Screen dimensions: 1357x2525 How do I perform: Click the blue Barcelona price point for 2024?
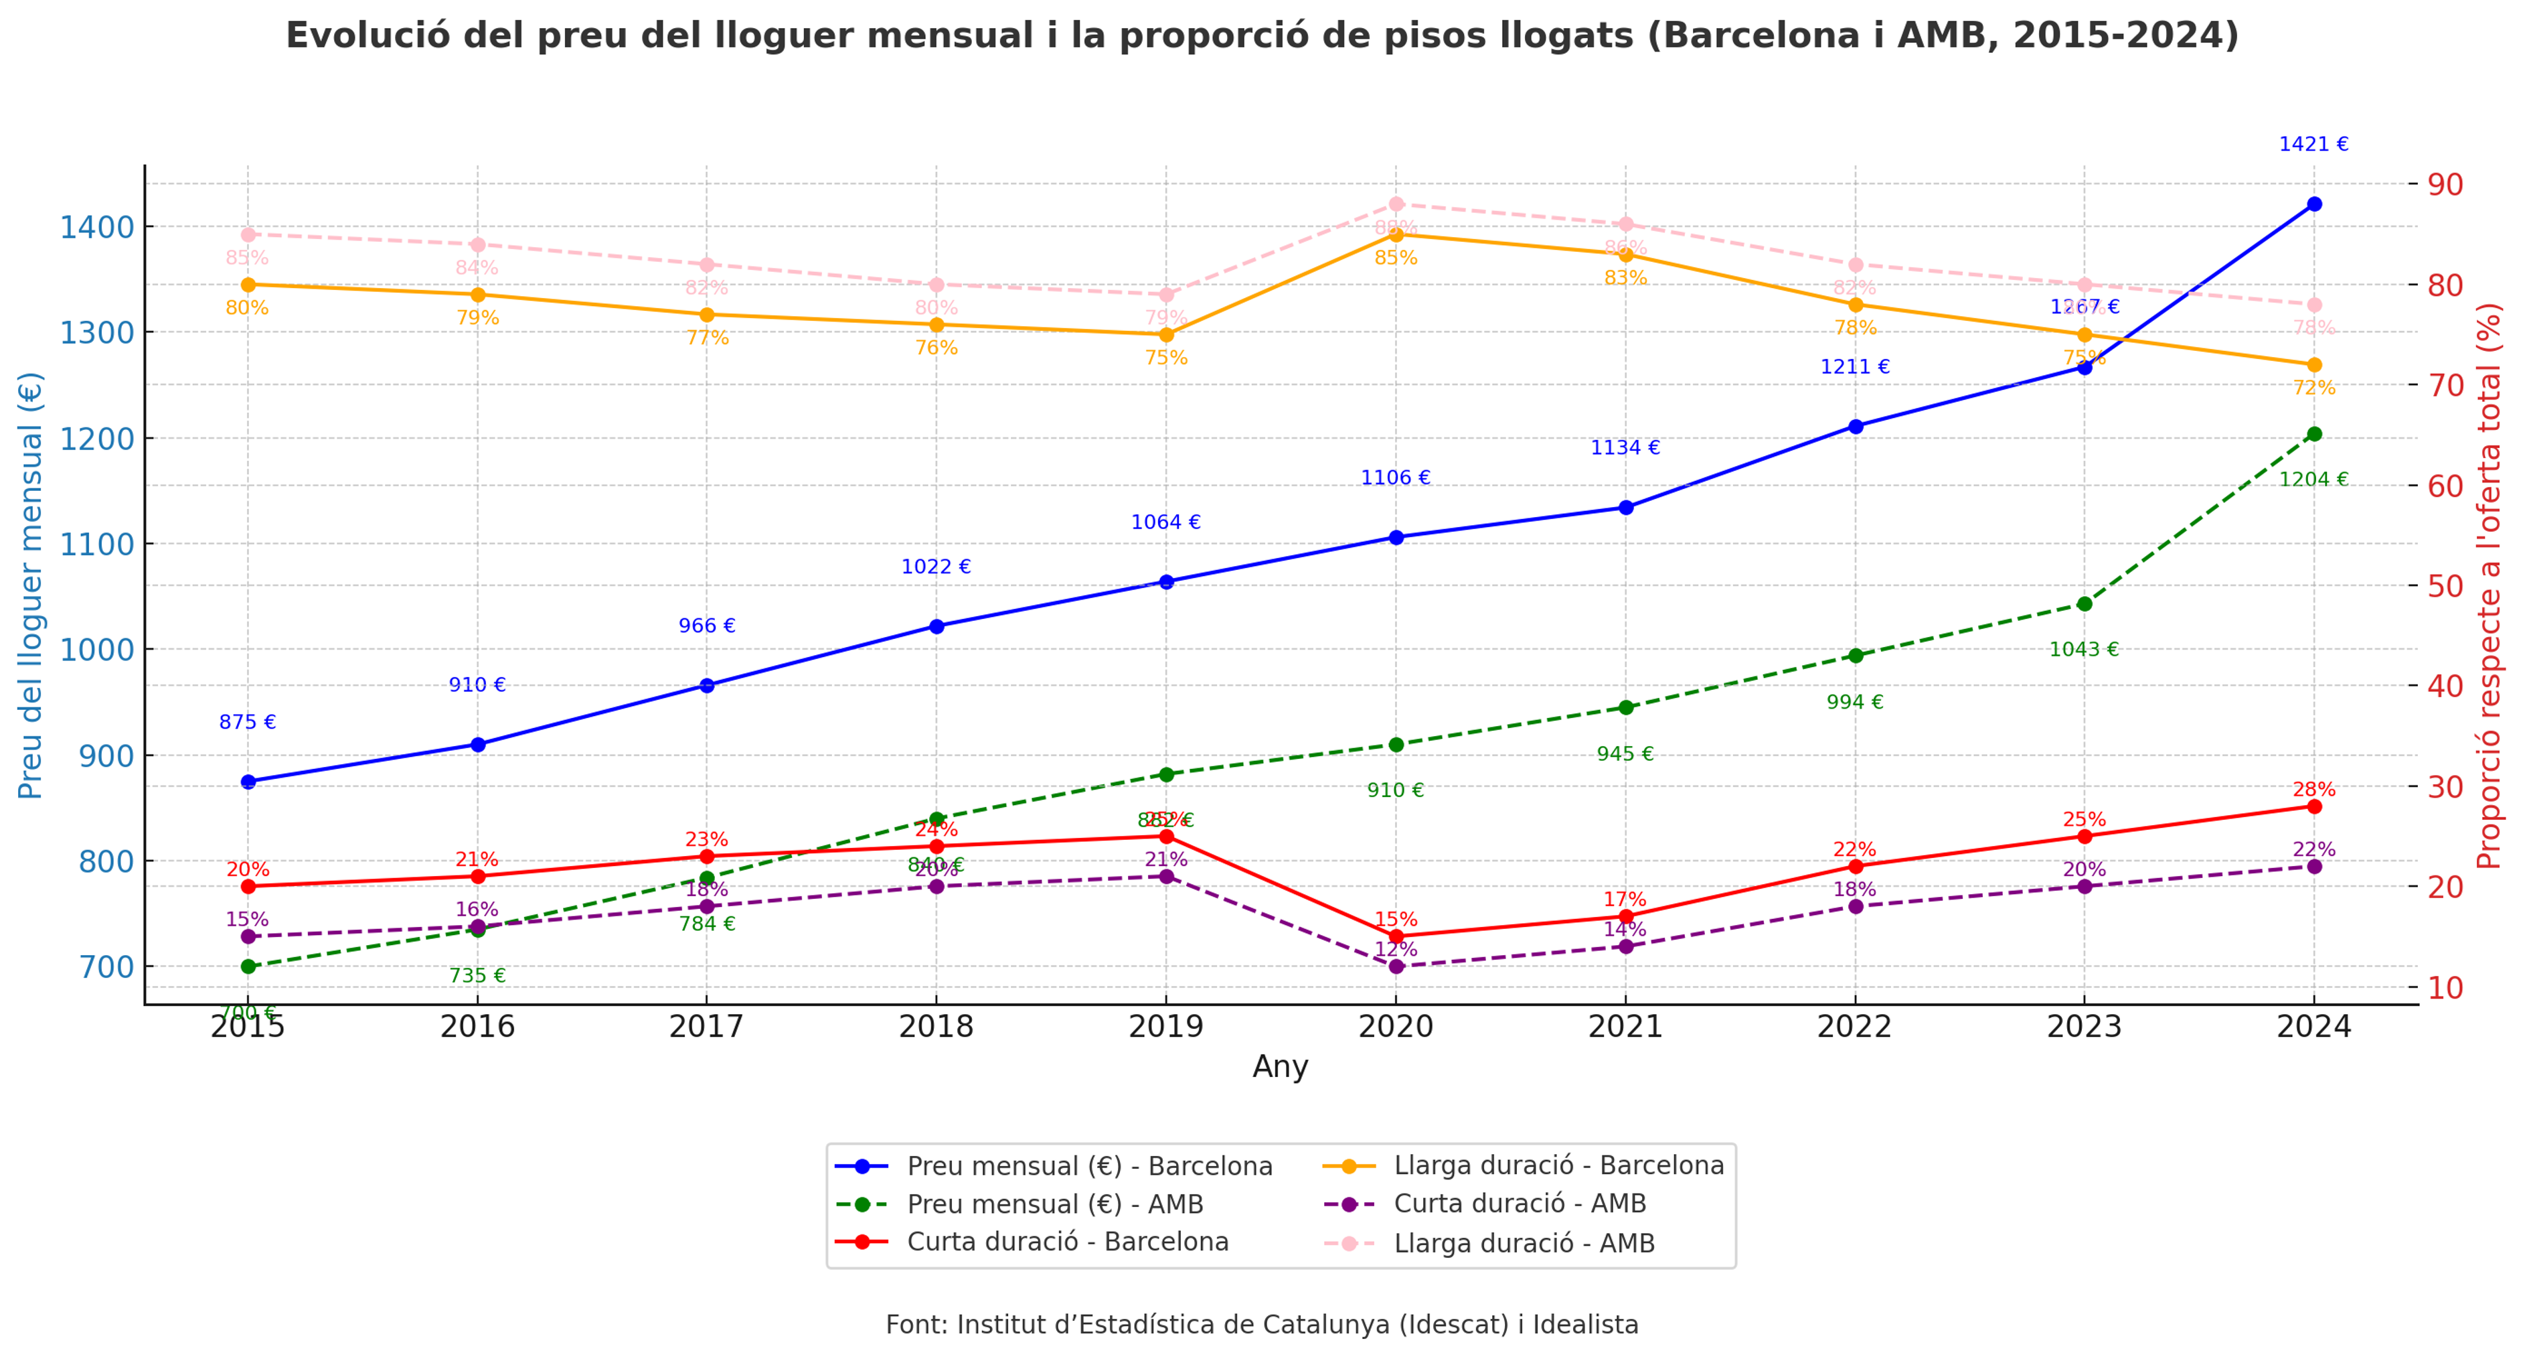(2313, 204)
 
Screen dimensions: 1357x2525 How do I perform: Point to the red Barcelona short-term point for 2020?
(1396, 936)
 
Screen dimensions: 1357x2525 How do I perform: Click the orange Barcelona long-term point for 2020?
(1396, 234)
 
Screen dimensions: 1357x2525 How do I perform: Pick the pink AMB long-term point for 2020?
(1396, 204)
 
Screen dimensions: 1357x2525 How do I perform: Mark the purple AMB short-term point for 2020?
(1396, 967)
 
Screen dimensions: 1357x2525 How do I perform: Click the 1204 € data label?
(2313, 480)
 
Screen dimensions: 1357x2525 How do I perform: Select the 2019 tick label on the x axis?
(1165, 1027)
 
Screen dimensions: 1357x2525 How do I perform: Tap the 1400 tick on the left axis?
(96, 228)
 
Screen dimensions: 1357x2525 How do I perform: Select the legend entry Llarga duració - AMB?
(1524, 1243)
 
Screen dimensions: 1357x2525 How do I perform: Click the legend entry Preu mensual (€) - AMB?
(1055, 1204)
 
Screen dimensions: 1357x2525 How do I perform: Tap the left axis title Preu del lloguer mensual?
(31, 585)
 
